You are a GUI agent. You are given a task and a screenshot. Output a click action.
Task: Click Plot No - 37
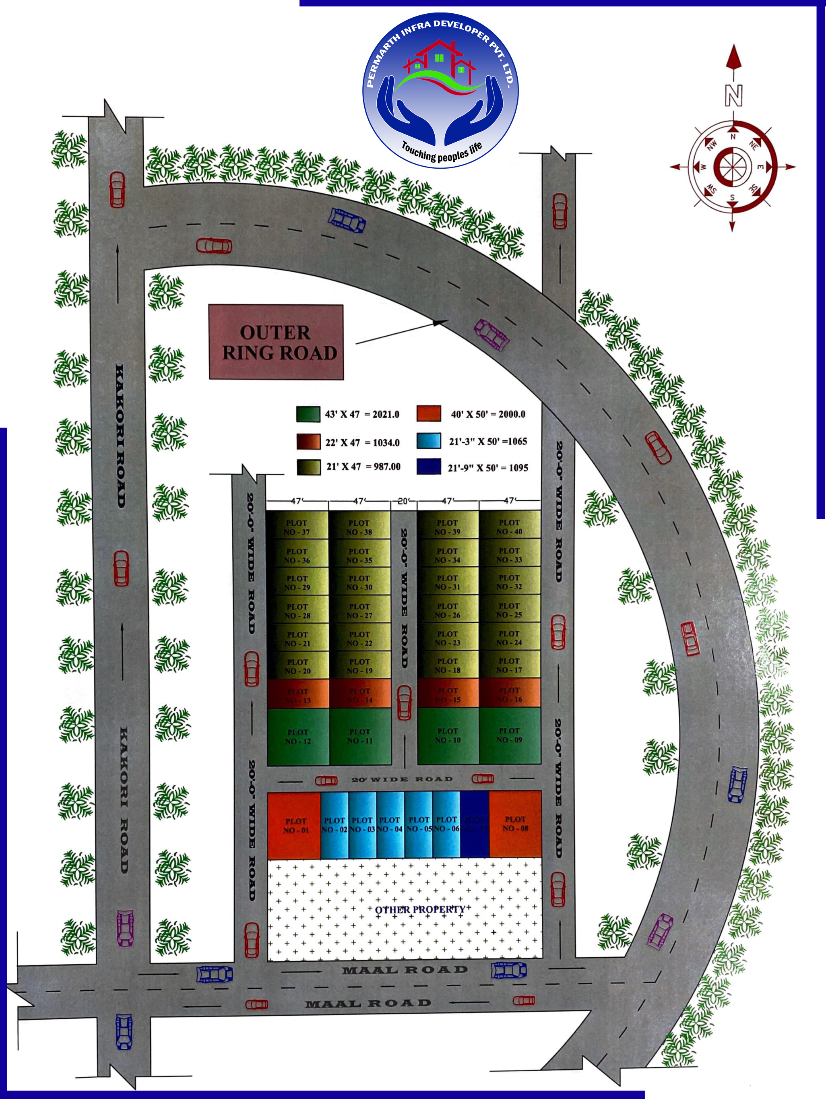tap(297, 527)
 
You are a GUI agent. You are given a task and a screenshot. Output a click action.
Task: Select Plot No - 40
tap(510, 527)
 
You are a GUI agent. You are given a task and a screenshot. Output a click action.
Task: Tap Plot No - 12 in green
tap(298, 736)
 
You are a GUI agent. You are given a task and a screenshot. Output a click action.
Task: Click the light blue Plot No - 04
tap(390, 824)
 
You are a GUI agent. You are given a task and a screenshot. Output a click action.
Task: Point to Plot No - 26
tap(448, 611)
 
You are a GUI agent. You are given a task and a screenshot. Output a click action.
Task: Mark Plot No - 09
tap(510, 735)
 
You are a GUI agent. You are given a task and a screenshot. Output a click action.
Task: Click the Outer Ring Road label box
tap(276, 342)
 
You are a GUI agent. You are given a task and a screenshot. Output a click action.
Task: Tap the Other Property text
tap(420, 909)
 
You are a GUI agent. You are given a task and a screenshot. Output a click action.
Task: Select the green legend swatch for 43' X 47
tap(308, 414)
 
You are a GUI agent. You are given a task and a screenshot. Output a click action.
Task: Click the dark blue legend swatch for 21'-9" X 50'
tap(429, 467)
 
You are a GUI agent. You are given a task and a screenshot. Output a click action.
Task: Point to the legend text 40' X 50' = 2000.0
tap(488, 414)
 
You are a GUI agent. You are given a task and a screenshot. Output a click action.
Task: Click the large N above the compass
tap(733, 95)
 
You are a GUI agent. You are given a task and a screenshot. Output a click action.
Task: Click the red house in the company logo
tap(439, 60)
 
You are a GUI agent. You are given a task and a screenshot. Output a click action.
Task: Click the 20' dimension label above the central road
tap(404, 501)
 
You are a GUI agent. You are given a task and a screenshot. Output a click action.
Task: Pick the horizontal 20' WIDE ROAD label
tap(402, 779)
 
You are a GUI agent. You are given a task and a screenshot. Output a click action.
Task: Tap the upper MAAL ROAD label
tap(405, 970)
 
